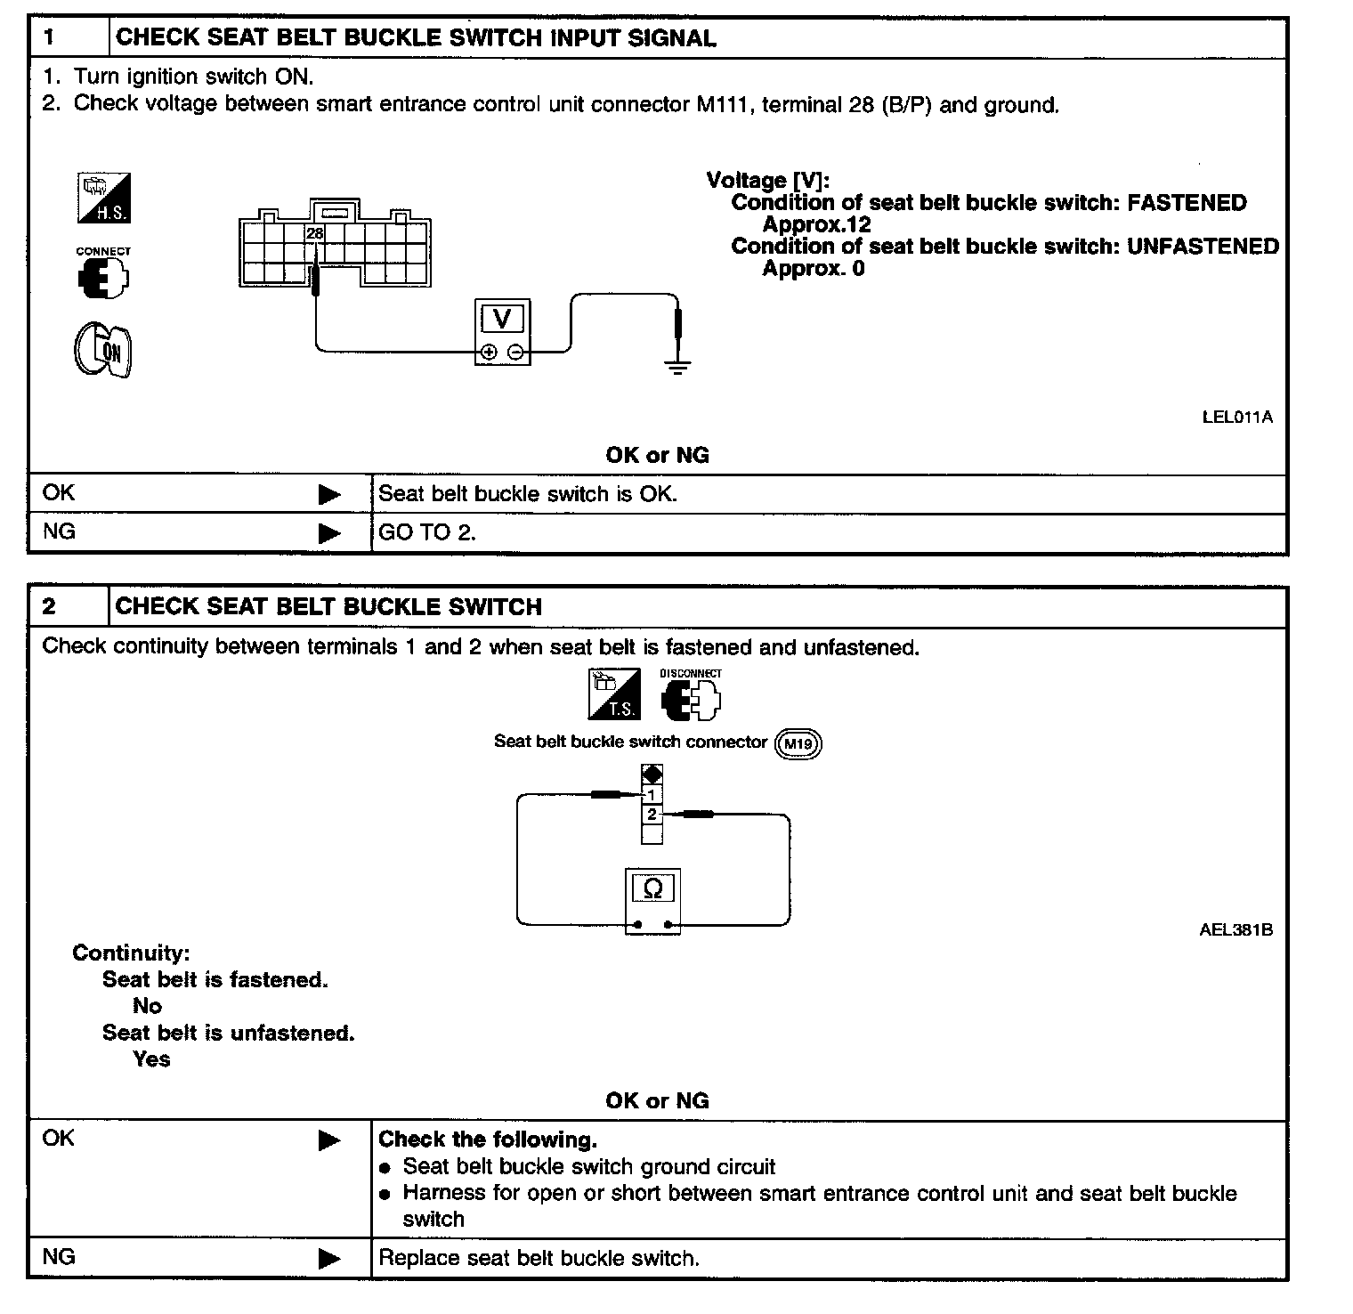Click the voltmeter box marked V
pos(502,331)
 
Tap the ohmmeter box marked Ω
pos(652,900)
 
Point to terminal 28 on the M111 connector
pos(314,234)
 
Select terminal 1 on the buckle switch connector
pos(652,795)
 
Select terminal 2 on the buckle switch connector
pos(652,815)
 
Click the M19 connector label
pos(798,743)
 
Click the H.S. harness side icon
pos(103,198)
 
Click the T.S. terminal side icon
pos(614,694)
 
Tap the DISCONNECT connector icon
pos(691,696)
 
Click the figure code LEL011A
pos(1236,417)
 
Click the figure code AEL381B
pos(1236,930)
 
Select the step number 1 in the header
pos(49,37)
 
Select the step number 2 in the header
pos(49,607)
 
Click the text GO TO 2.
pos(427,533)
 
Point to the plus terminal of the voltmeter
pos(489,353)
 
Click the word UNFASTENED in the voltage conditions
pos(1203,247)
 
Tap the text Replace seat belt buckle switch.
pos(539,1258)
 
